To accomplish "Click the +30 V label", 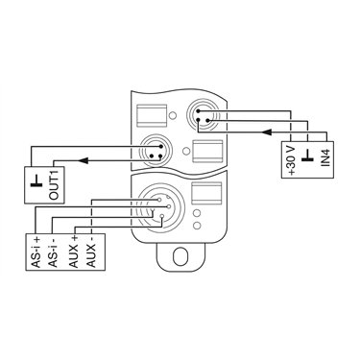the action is [292, 161].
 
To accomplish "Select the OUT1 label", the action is [54, 185].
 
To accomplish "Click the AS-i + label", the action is [36, 252].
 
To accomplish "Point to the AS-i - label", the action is [54, 252].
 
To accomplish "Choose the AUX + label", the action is [74, 252].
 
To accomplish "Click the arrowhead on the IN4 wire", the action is [267, 132].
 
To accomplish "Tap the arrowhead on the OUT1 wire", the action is [84, 160].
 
